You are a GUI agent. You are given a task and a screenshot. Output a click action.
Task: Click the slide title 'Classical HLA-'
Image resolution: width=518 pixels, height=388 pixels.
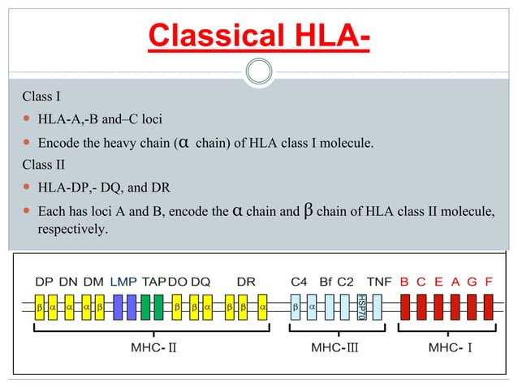point(259,36)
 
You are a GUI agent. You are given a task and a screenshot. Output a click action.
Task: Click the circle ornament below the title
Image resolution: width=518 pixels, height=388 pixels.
point(259,71)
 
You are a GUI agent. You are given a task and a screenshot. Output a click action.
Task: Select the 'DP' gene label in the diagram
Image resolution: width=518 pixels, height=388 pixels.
point(45,282)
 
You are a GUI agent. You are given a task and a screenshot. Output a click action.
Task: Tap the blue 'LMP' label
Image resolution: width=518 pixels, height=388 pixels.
point(123,282)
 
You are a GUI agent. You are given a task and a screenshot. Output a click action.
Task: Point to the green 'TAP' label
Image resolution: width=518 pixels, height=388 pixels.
point(154,282)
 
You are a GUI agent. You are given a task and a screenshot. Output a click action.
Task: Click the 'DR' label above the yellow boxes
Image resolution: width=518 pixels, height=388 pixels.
point(246,282)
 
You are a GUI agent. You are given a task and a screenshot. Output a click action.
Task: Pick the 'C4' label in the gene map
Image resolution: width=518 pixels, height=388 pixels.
point(300,282)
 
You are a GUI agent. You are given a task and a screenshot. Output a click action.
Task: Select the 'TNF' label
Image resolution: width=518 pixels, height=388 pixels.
point(379,282)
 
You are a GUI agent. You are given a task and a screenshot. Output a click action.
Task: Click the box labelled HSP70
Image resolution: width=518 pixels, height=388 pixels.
point(360,308)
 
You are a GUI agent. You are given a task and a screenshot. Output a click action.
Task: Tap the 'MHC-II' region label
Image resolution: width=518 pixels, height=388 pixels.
point(153,347)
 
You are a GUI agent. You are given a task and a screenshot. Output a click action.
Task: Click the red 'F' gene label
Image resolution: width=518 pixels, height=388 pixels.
point(489,282)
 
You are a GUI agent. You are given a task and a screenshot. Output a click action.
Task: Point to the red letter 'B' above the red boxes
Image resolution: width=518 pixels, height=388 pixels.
point(404,282)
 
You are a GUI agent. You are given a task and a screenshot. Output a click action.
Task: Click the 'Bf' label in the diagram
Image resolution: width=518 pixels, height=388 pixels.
point(326,282)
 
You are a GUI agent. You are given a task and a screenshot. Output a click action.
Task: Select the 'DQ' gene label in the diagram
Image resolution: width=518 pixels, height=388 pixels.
point(201,282)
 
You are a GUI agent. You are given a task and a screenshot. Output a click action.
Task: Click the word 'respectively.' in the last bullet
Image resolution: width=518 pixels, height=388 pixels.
point(72,230)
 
